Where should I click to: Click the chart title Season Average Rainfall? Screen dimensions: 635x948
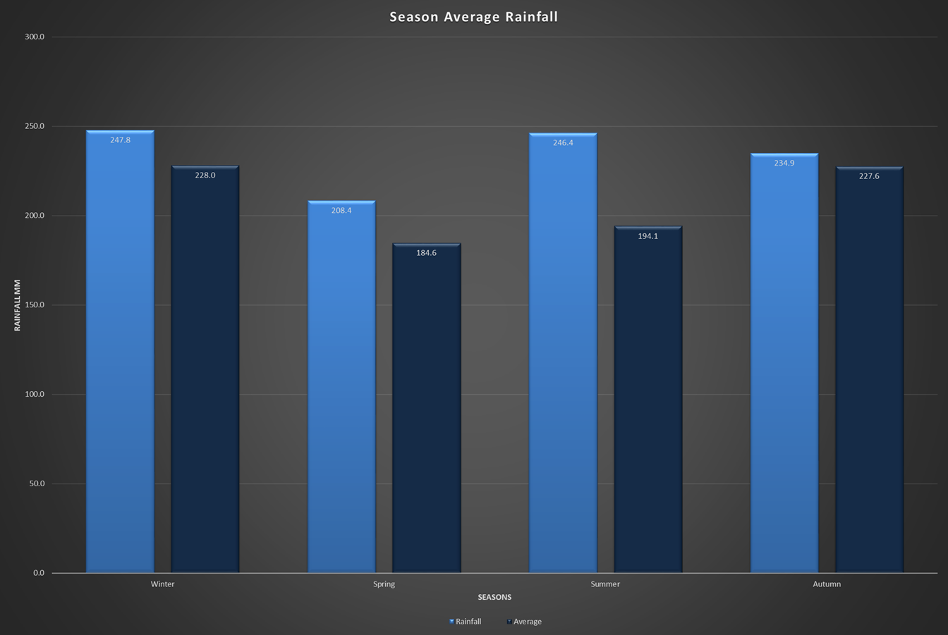click(473, 17)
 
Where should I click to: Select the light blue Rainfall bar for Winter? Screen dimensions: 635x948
click(120, 352)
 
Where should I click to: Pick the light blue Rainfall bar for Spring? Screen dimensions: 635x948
click(341, 388)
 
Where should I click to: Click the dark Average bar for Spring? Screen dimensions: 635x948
click(427, 409)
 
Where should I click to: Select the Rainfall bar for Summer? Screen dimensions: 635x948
click(563, 352)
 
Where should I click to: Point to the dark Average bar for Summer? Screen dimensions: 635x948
click(648, 402)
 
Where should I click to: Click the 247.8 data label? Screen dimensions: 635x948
click(120, 140)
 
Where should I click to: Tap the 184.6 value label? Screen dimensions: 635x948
click(427, 253)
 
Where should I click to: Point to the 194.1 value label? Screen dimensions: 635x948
click(648, 236)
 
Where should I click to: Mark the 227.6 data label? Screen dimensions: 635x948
click(869, 176)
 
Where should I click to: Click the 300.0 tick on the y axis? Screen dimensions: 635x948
click(35, 37)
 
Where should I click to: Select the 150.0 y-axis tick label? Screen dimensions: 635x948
click(35, 305)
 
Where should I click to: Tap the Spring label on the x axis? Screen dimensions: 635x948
click(384, 584)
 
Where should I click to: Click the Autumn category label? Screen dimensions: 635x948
click(827, 584)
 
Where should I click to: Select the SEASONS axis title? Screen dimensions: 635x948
click(494, 598)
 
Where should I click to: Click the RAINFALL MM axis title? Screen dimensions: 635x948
click(18, 304)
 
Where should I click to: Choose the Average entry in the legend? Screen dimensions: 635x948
click(527, 622)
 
